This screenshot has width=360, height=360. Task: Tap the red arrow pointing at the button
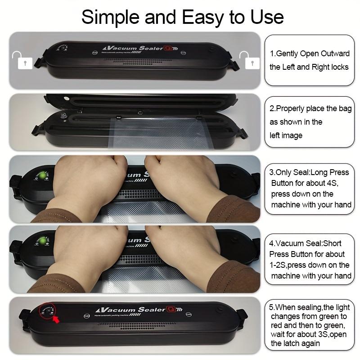pyautogui.click(x=58, y=320)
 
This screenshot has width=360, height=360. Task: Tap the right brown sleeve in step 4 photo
pyautogui.click(x=234, y=277)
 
